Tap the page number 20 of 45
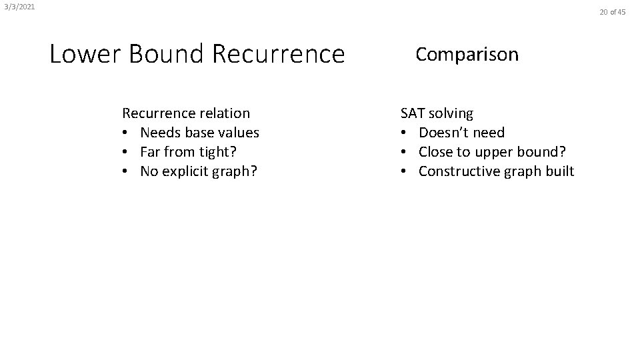(x=613, y=12)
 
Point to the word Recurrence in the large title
(x=278, y=54)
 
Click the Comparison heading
(x=467, y=54)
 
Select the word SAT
(x=413, y=113)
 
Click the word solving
(x=451, y=114)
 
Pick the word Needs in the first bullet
(x=160, y=133)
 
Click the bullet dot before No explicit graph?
(x=125, y=172)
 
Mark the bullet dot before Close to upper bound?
(x=404, y=152)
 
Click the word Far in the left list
(x=151, y=152)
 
